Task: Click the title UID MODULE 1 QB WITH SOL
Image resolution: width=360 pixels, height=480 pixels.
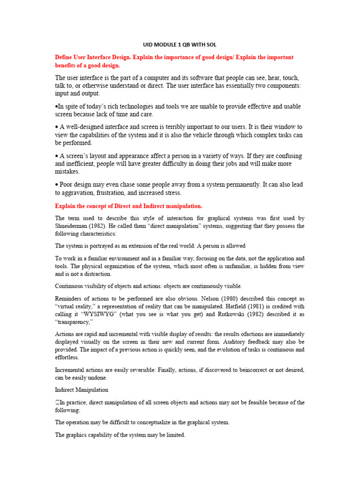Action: [180, 45]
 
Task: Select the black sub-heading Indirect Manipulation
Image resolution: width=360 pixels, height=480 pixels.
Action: [82, 389]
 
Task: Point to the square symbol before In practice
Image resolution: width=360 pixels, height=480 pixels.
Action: [57, 402]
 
